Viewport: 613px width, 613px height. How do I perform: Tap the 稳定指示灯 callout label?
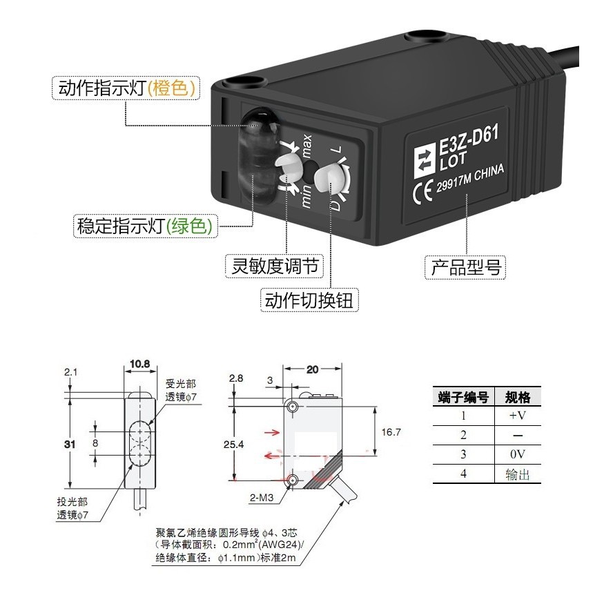[x=145, y=226]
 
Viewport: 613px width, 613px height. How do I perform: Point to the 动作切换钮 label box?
[x=311, y=300]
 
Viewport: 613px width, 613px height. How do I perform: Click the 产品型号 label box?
[x=465, y=266]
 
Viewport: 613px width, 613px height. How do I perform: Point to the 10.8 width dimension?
[x=139, y=364]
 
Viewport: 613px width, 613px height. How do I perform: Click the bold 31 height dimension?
[x=69, y=445]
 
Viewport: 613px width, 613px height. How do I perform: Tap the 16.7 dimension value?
[x=391, y=431]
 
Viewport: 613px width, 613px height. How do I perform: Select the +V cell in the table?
[x=518, y=416]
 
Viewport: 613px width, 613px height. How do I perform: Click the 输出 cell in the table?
[x=518, y=474]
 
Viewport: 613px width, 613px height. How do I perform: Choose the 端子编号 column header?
[x=463, y=398]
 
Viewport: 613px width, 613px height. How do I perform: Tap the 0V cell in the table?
[x=518, y=454]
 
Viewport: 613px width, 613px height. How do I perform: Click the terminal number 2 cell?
[x=463, y=435]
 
